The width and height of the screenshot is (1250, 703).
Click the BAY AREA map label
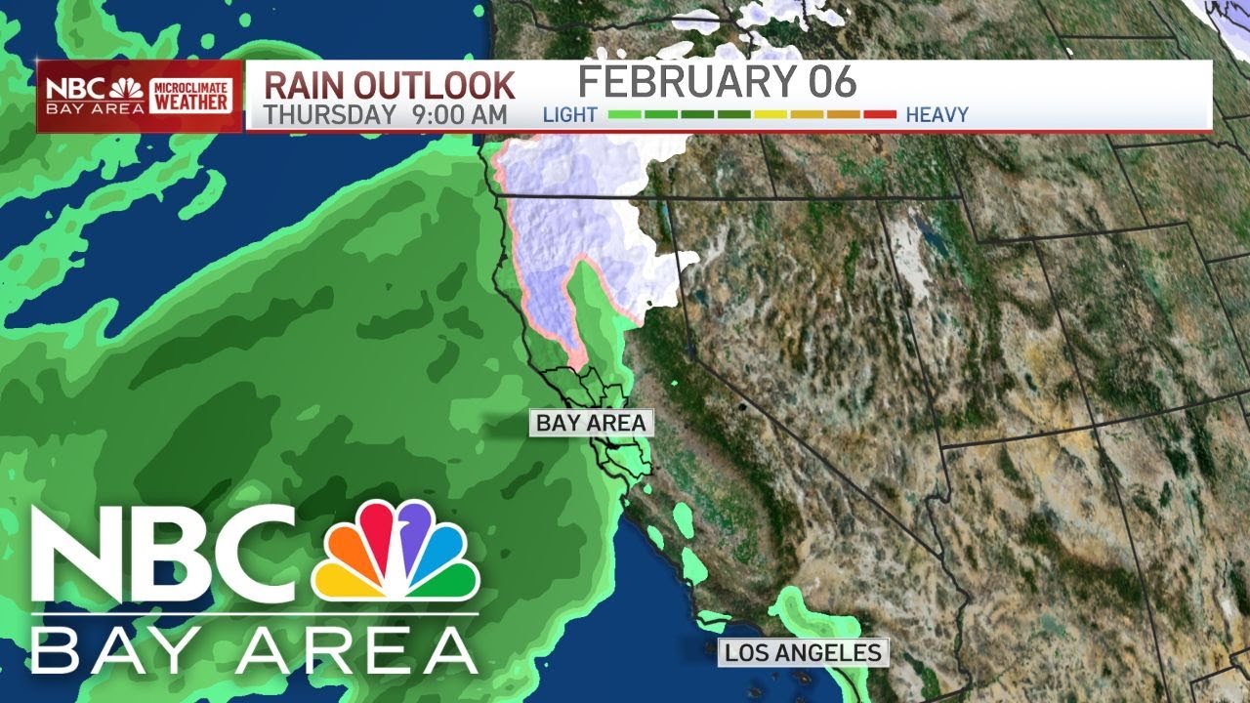point(591,423)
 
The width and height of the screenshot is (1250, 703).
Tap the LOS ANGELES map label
point(803,652)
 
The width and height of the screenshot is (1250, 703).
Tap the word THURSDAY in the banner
point(329,114)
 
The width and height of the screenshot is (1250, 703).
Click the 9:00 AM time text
point(460,114)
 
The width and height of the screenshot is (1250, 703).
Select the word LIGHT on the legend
point(570,115)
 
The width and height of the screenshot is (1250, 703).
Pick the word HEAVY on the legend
point(937,115)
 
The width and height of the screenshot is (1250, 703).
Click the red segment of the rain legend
point(880,115)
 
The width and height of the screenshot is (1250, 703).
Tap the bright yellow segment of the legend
point(771,115)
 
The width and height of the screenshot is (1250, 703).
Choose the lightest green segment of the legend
point(624,115)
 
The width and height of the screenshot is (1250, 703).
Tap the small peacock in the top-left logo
point(126,89)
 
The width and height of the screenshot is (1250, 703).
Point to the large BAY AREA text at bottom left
point(254,649)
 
